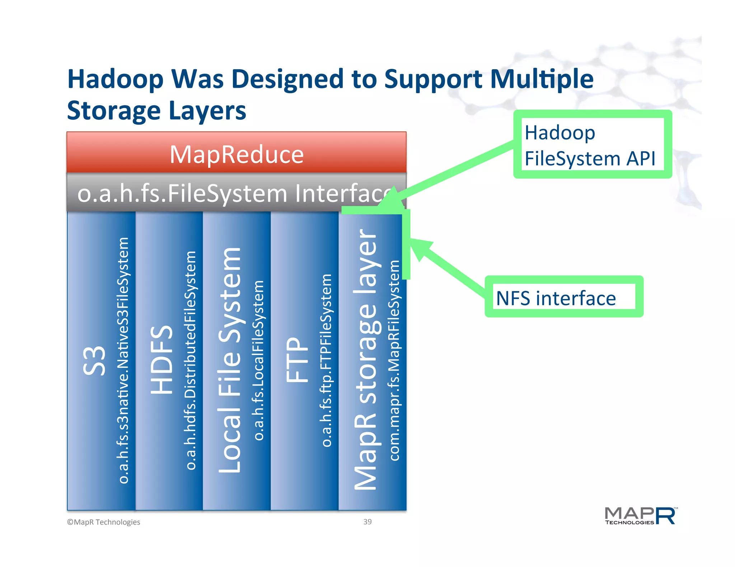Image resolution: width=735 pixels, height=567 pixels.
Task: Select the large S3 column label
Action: pyautogui.click(x=94, y=361)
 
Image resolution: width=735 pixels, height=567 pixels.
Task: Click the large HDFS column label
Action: pyautogui.click(x=162, y=360)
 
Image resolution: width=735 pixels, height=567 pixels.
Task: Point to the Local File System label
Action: pyautogui.click(x=230, y=360)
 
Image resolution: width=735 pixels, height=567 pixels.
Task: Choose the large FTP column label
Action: pyautogui.click(x=297, y=360)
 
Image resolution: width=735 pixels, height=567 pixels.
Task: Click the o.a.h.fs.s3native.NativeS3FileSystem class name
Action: pyautogui.click(x=123, y=360)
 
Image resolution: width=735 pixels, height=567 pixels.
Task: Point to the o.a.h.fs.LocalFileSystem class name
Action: pyautogui.click(x=258, y=360)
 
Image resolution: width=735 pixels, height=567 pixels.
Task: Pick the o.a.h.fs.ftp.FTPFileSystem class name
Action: pyautogui.click(x=326, y=360)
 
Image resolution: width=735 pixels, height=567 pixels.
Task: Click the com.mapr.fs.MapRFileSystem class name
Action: pyautogui.click(x=394, y=360)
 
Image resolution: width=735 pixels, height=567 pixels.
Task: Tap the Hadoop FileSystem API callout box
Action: pyautogui.click(x=592, y=144)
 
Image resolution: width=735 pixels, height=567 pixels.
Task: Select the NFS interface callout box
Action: pyautogui.click(x=564, y=297)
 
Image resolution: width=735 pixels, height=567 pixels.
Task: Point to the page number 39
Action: pyautogui.click(x=367, y=522)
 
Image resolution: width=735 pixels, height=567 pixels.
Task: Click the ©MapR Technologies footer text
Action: pyautogui.click(x=104, y=522)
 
